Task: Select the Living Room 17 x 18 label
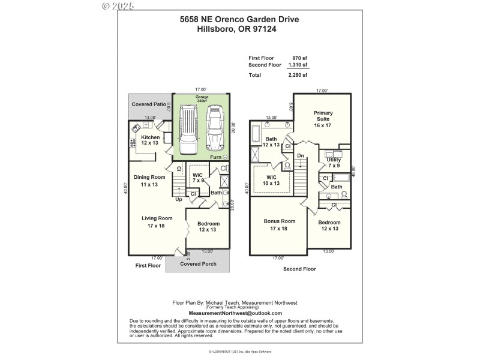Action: pyautogui.click(x=157, y=222)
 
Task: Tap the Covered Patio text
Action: pyautogui.click(x=149, y=104)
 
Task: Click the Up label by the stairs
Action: pyautogui.click(x=178, y=199)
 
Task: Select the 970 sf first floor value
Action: pyautogui.click(x=300, y=58)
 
